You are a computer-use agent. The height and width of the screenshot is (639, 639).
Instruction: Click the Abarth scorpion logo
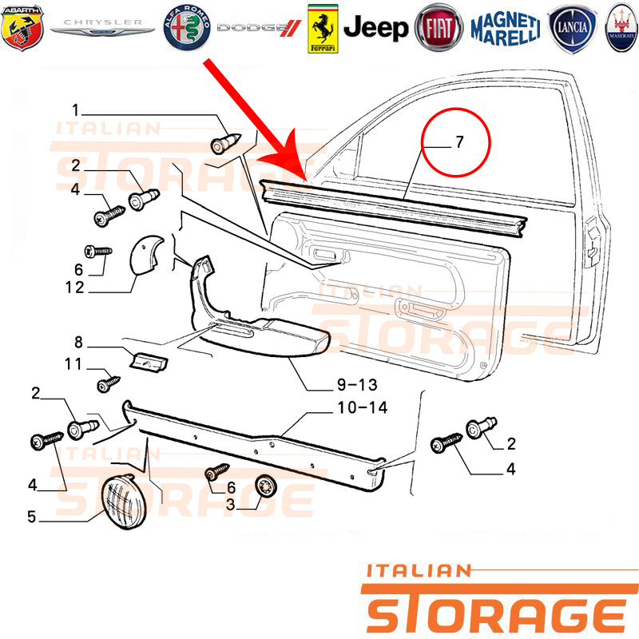[22, 28]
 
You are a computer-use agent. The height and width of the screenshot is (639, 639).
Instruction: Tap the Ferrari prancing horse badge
[323, 29]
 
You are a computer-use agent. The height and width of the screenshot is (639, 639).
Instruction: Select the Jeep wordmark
[375, 28]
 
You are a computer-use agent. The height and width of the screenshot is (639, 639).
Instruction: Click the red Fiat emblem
[439, 28]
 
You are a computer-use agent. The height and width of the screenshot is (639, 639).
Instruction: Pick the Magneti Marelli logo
[506, 28]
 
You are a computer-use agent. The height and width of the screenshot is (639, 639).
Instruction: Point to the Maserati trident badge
[621, 28]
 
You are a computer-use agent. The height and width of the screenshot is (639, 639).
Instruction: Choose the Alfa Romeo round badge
[187, 28]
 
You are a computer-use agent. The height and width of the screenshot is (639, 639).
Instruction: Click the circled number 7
[459, 142]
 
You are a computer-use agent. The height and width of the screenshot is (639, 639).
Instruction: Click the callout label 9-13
[357, 385]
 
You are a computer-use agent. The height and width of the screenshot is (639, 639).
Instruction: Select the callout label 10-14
[363, 407]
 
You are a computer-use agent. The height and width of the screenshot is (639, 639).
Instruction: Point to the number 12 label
[74, 288]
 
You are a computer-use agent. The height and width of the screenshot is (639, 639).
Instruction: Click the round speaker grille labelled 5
[124, 502]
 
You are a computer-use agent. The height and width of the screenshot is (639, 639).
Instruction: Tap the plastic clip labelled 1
[225, 143]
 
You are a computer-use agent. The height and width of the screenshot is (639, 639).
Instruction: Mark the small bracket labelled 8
[149, 362]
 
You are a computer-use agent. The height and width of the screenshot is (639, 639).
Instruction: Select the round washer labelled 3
[266, 486]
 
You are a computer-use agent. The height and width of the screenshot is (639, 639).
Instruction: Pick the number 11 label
[73, 364]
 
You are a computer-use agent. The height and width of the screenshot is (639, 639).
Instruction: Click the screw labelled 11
[109, 383]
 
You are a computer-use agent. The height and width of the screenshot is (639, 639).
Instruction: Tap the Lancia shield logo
[572, 29]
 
